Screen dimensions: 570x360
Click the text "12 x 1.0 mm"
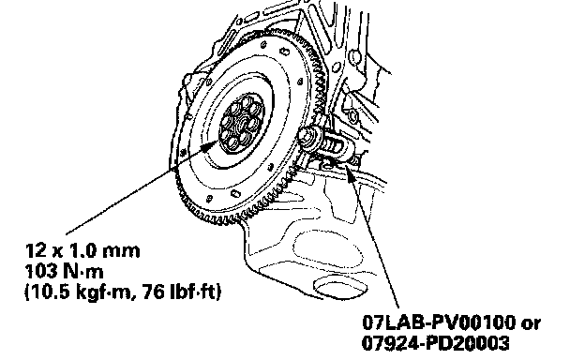point(82,251)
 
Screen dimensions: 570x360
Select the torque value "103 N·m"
point(64,271)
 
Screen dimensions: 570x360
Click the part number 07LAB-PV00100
point(439,322)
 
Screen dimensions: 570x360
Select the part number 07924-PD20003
point(436,342)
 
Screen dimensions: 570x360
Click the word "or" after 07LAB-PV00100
point(531,323)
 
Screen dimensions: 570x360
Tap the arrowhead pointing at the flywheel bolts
point(210,146)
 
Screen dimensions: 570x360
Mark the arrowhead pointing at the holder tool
point(349,172)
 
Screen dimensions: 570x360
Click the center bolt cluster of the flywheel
point(241,122)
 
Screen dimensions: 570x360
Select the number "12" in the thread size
point(35,251)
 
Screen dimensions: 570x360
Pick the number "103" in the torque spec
point(41,271)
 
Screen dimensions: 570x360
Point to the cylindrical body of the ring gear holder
point(337,144)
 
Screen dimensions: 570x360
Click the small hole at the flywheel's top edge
point(263,44)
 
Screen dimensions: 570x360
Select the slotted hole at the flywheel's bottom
point(234,192)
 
